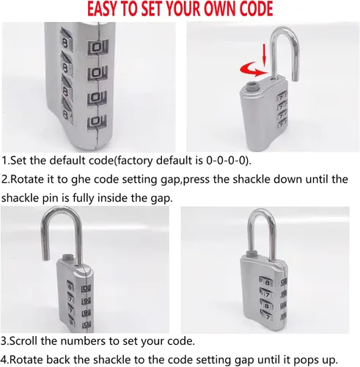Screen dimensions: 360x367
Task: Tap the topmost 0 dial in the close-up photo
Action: [97, 47]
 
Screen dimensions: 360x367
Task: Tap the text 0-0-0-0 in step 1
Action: [225, 161]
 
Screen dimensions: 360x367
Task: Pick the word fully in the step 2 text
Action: [83, 198]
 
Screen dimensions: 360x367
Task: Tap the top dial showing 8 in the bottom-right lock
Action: [267, 283]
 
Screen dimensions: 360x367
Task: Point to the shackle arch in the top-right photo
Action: [284, 32]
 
